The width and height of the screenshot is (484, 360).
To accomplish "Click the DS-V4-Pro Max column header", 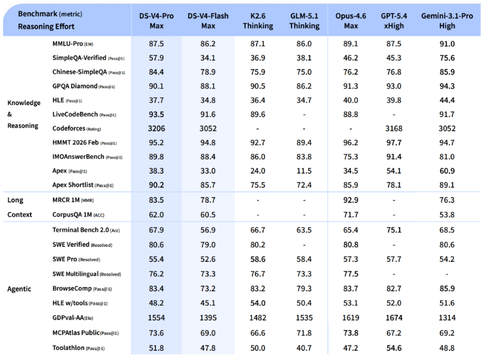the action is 156,21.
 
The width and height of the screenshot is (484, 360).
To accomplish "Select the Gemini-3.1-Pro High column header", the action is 446,21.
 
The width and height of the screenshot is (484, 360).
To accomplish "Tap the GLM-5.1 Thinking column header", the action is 304,21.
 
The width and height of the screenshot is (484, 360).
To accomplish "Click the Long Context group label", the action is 19,207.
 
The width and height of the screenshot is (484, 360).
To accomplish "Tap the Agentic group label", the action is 19,289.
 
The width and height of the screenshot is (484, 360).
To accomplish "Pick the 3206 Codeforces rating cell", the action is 156,128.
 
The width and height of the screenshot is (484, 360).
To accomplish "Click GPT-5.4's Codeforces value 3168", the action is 393,128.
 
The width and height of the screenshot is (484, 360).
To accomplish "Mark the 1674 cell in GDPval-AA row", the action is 393,317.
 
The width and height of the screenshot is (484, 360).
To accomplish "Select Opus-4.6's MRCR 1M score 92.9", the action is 351,200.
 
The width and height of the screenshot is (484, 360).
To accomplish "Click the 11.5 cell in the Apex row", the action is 304,171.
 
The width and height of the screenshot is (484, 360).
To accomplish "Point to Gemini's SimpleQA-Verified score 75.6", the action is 447,57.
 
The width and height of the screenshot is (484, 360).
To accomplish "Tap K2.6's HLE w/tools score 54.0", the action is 258,303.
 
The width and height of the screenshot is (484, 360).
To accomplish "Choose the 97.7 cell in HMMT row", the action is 393,142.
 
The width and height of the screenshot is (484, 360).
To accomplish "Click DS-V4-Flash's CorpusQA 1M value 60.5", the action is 208,215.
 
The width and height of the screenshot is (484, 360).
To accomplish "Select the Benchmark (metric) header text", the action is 50,14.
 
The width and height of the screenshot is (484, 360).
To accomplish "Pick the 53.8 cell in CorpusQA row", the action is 447,215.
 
